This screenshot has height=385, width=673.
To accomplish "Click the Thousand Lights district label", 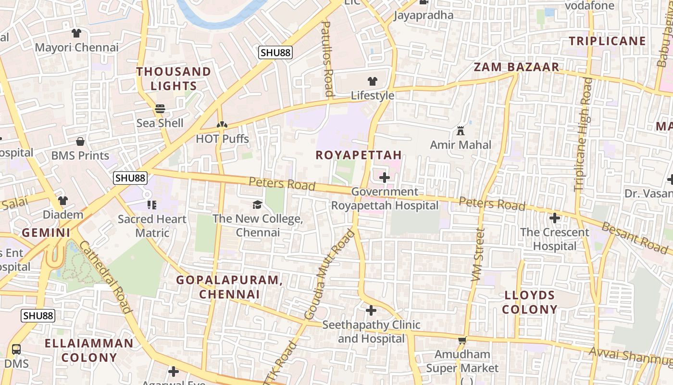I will tap(174, 79).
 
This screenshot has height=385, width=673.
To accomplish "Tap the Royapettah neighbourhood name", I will tap(359, 155).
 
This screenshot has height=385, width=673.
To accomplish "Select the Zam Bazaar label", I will tap(517, 67).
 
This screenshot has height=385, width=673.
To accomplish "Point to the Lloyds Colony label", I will tap(530, 302).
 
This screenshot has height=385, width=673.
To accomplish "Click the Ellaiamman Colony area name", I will tap(89, 350).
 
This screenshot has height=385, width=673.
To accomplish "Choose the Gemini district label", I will tap(46, 233).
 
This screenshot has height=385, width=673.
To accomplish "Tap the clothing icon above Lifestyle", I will tap(372, 81).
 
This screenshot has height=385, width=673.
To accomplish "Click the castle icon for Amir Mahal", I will tap(461, 130).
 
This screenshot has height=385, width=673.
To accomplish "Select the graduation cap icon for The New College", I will tap(257, 205).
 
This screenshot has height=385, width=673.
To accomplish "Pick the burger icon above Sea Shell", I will tap(160, 109).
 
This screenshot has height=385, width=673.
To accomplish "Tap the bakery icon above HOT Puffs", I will tap(222, 125).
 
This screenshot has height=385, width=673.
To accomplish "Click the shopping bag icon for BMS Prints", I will tap(80, 141).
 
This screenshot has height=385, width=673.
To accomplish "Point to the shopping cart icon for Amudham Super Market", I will tap(462, 340).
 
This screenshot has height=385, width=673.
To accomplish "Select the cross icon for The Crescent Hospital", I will tap(555, 218).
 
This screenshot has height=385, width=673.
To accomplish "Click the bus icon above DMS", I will tap(16, 349).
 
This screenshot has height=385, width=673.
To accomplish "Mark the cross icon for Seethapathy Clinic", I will tap(371, 310).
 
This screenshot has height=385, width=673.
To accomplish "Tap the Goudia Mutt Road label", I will tap(330, 275).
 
